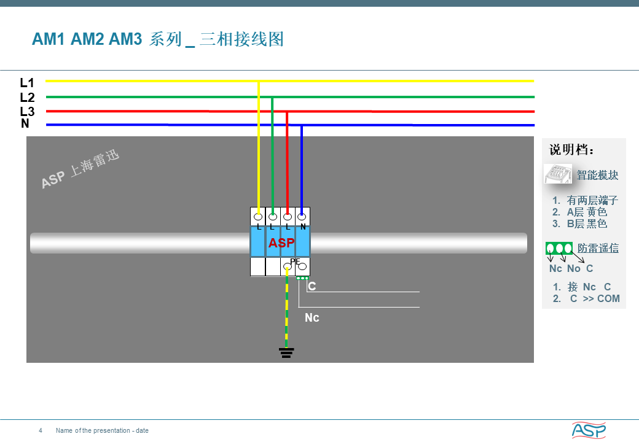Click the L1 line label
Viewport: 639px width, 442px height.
coord(27,83)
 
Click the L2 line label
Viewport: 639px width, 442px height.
coord(27,97)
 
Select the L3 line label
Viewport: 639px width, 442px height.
coord(27,111)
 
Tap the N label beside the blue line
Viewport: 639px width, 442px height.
coord(25,123)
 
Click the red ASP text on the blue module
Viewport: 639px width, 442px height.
coord(281,242)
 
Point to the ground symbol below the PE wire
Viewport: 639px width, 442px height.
coord(286,353)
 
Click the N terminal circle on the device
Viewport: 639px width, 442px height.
coord(302,216)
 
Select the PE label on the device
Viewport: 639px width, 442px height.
coord(295,262)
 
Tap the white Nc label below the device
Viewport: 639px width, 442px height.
coord(312,317)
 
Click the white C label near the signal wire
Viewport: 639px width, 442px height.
coord(312,286)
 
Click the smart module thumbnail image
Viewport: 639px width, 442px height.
coord(557,174)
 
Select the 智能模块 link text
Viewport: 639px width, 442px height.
coord(598,175)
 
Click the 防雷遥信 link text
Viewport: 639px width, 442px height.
coord(598,248)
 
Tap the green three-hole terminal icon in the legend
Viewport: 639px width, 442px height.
coord(559,248)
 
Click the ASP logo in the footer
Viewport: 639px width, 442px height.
coord(589,430)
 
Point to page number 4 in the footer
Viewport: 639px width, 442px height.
coord(41,430)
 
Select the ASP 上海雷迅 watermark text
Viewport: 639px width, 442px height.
coord(80,169)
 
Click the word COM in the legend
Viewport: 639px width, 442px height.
coord(608,299)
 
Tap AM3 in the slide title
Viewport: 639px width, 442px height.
coord(125,39)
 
